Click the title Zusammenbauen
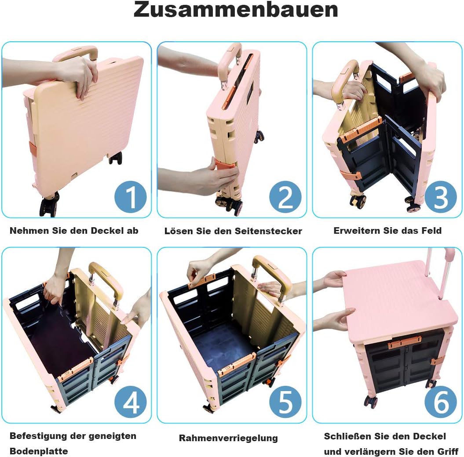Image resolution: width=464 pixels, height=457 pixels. click(236, 10)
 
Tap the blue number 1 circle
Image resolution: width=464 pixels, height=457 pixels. click(131, 197)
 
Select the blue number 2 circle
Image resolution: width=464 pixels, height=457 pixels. click(285, 197)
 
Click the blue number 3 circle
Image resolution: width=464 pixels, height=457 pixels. click(441, 197)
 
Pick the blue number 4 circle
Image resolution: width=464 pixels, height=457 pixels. click(131, 403)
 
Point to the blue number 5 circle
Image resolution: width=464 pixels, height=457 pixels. click(285, 403)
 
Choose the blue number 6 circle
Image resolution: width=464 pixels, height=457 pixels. click(441, 403)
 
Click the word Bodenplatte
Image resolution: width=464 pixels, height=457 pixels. click(39, 451)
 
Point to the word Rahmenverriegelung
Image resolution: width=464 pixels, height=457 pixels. click(228, 438)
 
